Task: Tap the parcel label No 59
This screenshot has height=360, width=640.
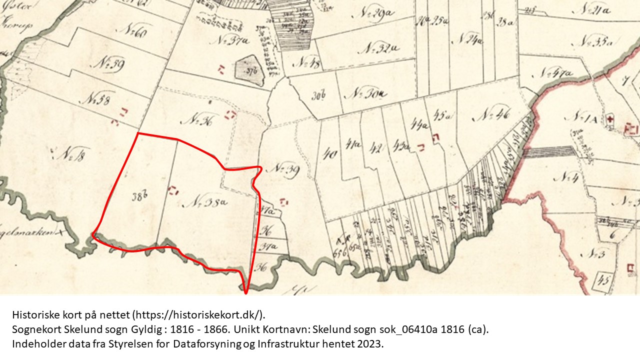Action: [110, 64]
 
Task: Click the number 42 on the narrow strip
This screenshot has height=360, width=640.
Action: [376, 148]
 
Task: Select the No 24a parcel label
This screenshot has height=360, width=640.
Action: [468, 40]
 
